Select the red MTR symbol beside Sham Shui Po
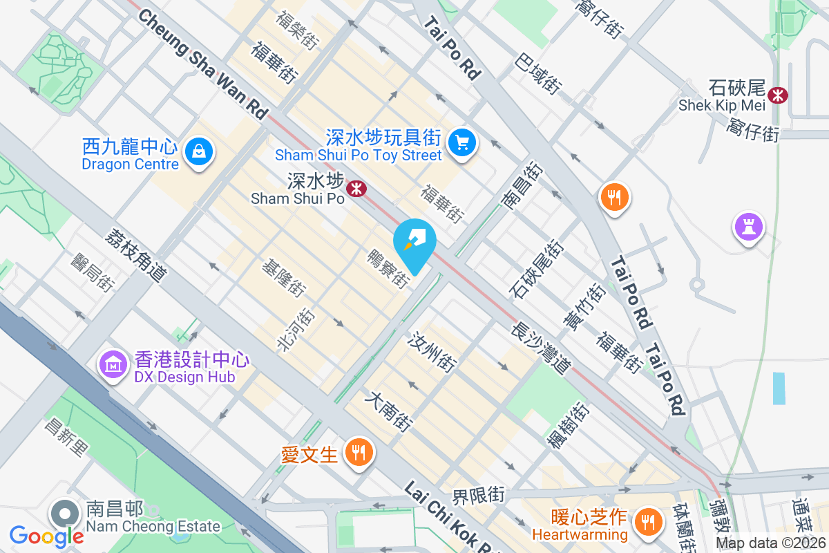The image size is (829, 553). (356, 188)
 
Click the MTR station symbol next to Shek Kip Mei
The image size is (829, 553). (779, 95)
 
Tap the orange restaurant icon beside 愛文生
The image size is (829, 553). (358, 452)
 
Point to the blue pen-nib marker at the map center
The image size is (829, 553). (414, 242)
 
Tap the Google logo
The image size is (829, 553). (46, 536)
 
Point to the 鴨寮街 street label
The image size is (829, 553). (389, 268)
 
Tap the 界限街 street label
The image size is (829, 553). (479, 495)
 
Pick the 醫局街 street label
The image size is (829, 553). (93, 271)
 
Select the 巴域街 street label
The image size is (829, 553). (537, 74)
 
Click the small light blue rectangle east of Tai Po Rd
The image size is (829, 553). (779, 388)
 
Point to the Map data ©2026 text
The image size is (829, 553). (771, 543)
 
